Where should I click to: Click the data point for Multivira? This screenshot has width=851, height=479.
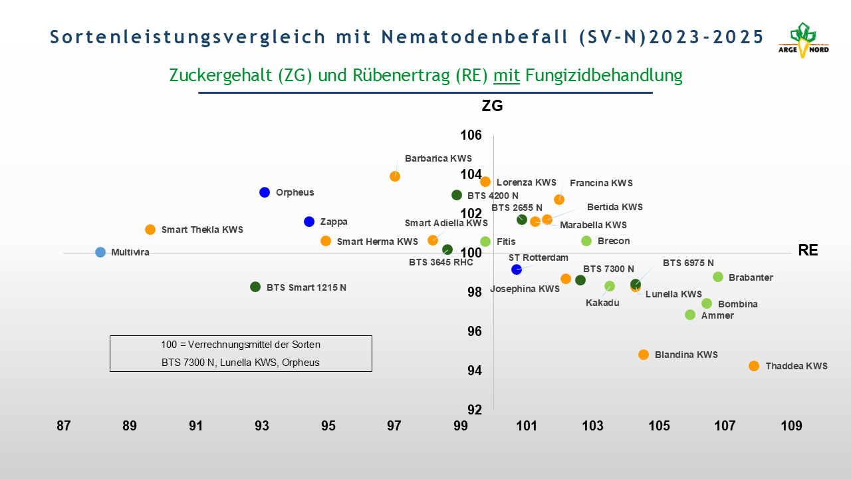(x=100, y=252)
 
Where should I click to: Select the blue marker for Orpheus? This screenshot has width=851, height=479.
(x=265, y=192)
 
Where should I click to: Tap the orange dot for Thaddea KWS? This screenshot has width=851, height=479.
(x=754, y=366)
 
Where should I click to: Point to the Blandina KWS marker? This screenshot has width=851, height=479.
(x=644, y=355)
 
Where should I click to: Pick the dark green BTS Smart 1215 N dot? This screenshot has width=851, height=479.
(x=255, y=287)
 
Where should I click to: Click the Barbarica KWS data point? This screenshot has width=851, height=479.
(x=395, y=176)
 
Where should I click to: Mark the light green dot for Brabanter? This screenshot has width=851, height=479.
(x=718, y=277)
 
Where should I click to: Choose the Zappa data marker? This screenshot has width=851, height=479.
(x=309, y=222)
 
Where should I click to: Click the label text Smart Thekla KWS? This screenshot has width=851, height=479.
(x=202, y=230)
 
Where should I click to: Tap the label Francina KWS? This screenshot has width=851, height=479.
(x=601, y=183)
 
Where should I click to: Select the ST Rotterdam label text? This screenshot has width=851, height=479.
(x=539, y=257)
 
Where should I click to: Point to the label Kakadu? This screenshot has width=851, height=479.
(x=602, y=303)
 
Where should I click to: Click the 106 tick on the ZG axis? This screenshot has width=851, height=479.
(x=471, y=136)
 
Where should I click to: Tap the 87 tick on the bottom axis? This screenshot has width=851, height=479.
(x=63, y=426)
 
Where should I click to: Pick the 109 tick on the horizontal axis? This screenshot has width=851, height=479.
(x=791, y=426)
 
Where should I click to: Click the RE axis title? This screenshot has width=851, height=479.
(x=808, y=250)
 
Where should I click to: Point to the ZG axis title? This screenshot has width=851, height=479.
(x=492, y=106)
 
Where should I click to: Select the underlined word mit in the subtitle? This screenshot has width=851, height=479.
(x=507, y=75)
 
